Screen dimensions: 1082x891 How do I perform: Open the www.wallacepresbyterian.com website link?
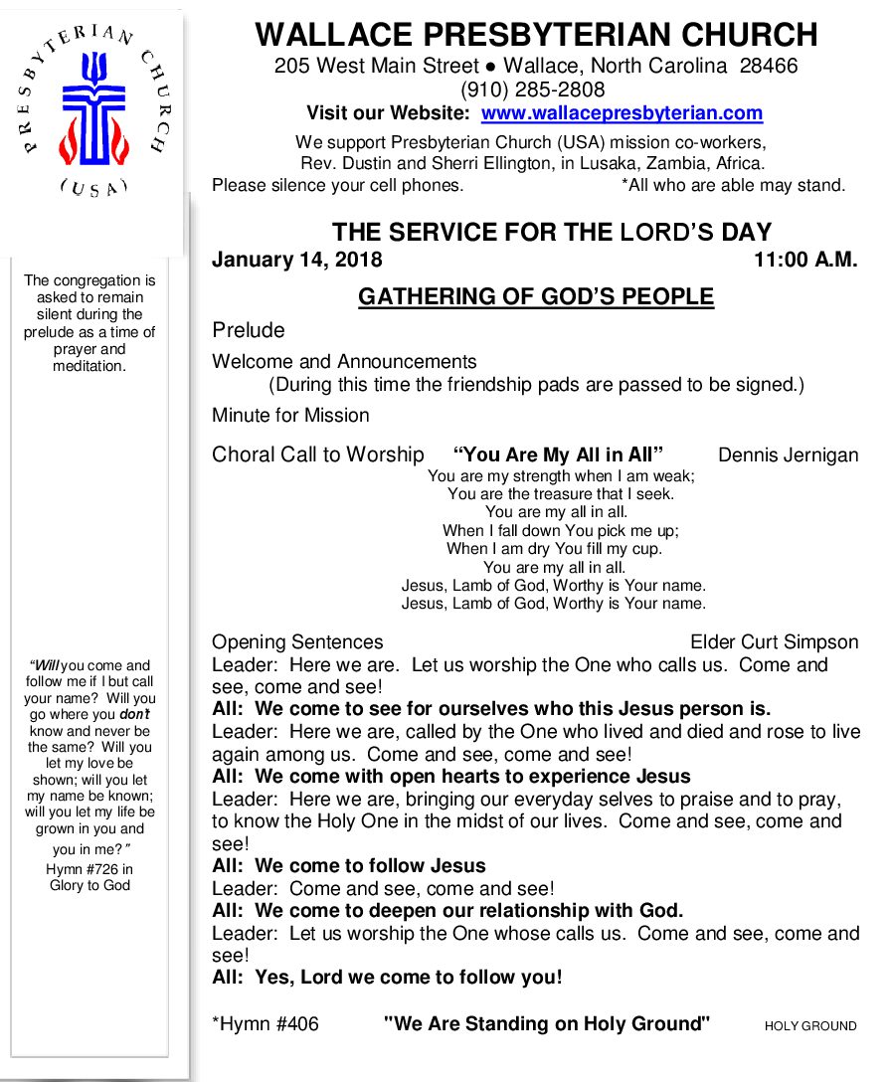622,113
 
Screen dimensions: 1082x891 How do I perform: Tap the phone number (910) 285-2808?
536,90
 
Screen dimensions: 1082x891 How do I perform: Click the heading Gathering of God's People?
536,296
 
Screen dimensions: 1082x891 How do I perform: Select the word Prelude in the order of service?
248,330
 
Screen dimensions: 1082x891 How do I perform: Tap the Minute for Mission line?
290,416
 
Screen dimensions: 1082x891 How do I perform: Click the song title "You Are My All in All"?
558,455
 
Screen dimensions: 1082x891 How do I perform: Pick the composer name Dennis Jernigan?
788,455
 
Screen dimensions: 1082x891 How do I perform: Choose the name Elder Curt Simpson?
774,642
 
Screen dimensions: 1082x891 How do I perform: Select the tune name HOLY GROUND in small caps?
810,1026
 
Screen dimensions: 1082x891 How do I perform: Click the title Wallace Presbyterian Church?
536,35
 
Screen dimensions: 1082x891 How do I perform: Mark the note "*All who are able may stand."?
733,185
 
